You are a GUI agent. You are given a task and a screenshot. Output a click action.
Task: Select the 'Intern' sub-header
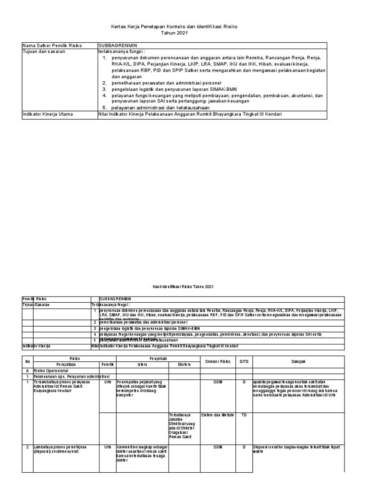142,364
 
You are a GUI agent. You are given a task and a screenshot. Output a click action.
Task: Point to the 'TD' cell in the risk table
244,415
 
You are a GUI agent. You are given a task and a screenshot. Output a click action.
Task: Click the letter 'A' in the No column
27,370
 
